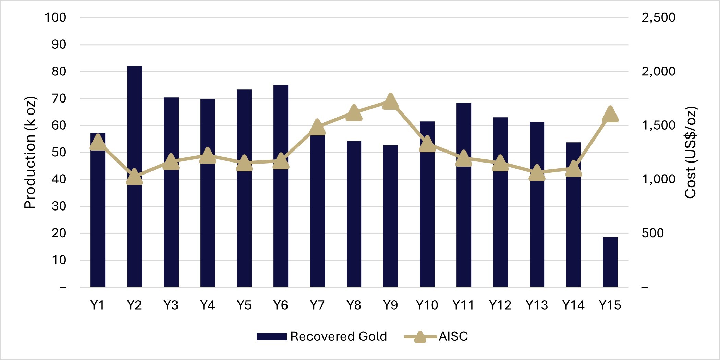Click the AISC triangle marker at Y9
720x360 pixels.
tap(390, 102)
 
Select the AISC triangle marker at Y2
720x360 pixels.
tap(134, 178)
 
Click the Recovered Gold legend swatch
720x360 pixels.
tap(271, 336)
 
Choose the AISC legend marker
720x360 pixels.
tap(420, 336)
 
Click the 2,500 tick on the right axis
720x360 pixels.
tap(658, 17)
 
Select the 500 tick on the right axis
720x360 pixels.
tap(652, 233)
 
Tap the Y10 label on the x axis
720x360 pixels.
tap(427, 305)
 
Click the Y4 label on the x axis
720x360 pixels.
tap(207, 305)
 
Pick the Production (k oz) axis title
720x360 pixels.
tap(30, 153)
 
